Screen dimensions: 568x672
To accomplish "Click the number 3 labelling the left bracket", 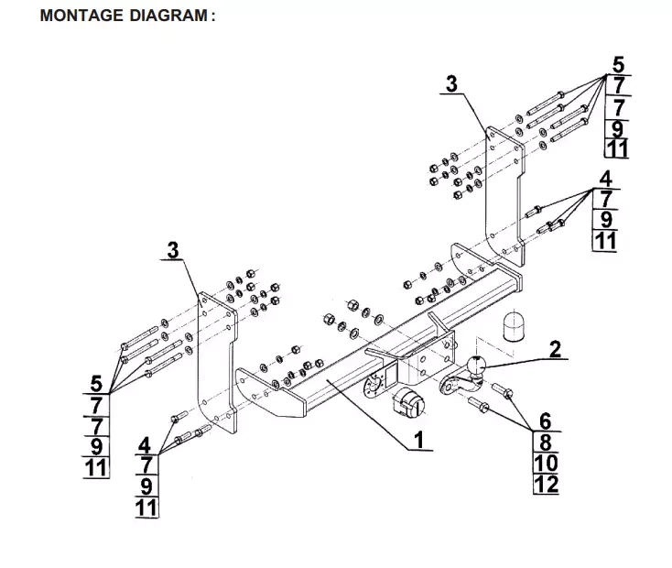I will pos(173,249).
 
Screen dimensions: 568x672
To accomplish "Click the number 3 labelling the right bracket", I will pos(450,84).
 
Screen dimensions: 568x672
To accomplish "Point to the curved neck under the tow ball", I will pos(454,388).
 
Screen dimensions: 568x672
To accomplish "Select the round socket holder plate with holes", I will pos(374,385).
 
